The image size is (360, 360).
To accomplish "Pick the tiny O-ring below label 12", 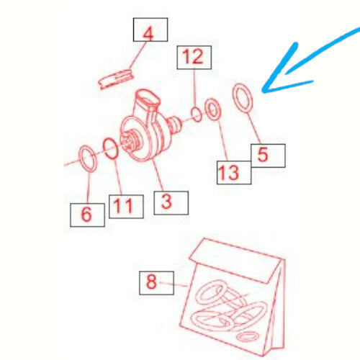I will [197, 113].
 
